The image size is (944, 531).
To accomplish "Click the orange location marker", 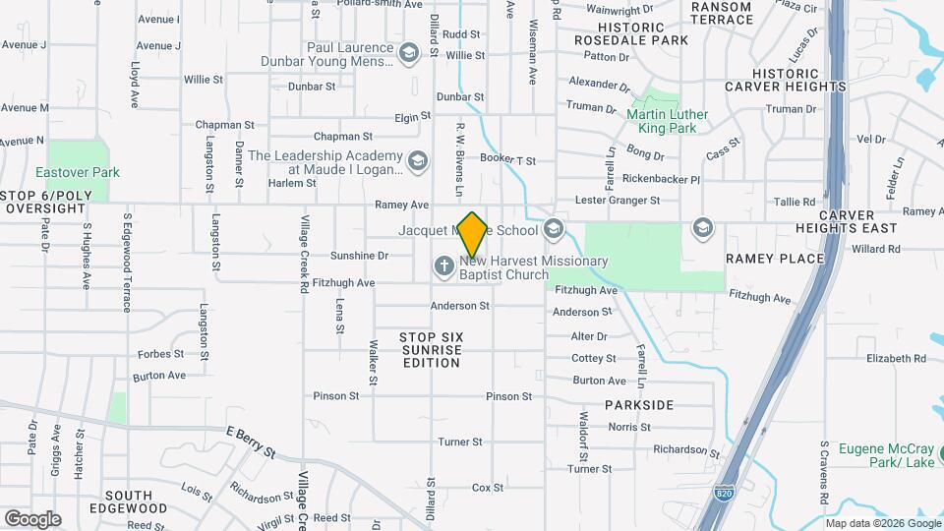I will coord(472,234).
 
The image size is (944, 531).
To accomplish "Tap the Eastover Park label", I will coord(78,172).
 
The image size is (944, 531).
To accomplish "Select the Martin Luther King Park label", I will coord(668,121).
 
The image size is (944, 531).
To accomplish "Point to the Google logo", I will coord(32,518).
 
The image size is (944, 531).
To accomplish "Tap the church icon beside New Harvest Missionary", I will coord(443,265).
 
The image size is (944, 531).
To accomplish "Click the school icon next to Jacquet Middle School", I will coord(553,229).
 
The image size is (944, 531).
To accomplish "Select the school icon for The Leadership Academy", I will coord(418,161).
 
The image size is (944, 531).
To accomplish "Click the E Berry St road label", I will coord(251,442).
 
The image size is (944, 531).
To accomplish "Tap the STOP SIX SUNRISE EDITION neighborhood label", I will coord(432,350).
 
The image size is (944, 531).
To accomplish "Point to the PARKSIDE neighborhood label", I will coord(639,405).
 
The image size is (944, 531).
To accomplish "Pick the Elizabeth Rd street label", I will coord(896,359).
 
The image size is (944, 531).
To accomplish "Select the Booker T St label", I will coord(507,159).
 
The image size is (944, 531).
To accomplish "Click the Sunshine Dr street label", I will coord(359,255).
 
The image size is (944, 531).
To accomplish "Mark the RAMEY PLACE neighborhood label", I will coord(775,258).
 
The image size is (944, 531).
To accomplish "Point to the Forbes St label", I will coord(160,354).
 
